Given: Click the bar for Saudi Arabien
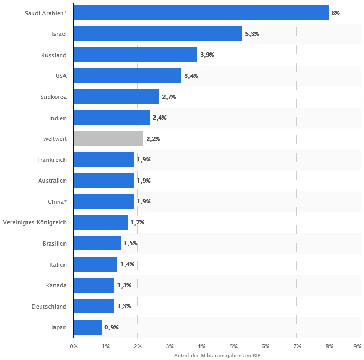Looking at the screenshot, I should point(201,13).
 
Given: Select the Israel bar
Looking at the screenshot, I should point(158,34).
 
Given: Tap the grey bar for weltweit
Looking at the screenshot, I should point(108,139).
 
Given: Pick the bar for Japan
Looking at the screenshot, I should point(87,327).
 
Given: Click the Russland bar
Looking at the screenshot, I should point(135,55).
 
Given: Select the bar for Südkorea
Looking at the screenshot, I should point(116,97).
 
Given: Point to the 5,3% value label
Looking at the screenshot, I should point(252,34).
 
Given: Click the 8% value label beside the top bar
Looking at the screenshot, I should point(335,13).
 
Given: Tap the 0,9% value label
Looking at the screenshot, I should point(111,327).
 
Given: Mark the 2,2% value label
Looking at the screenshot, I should point(153,139).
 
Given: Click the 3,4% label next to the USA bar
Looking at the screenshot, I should point(191,76).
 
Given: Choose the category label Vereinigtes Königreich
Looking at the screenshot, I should point(35,222).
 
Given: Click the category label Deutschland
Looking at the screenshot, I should point(49,307).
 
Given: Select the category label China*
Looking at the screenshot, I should point(57,202).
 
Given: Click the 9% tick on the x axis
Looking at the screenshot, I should point(358,346).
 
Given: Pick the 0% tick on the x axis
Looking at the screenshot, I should point(74,346).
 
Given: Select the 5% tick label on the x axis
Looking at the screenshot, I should point(233,346).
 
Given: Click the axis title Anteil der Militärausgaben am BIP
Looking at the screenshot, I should point(217,355).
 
